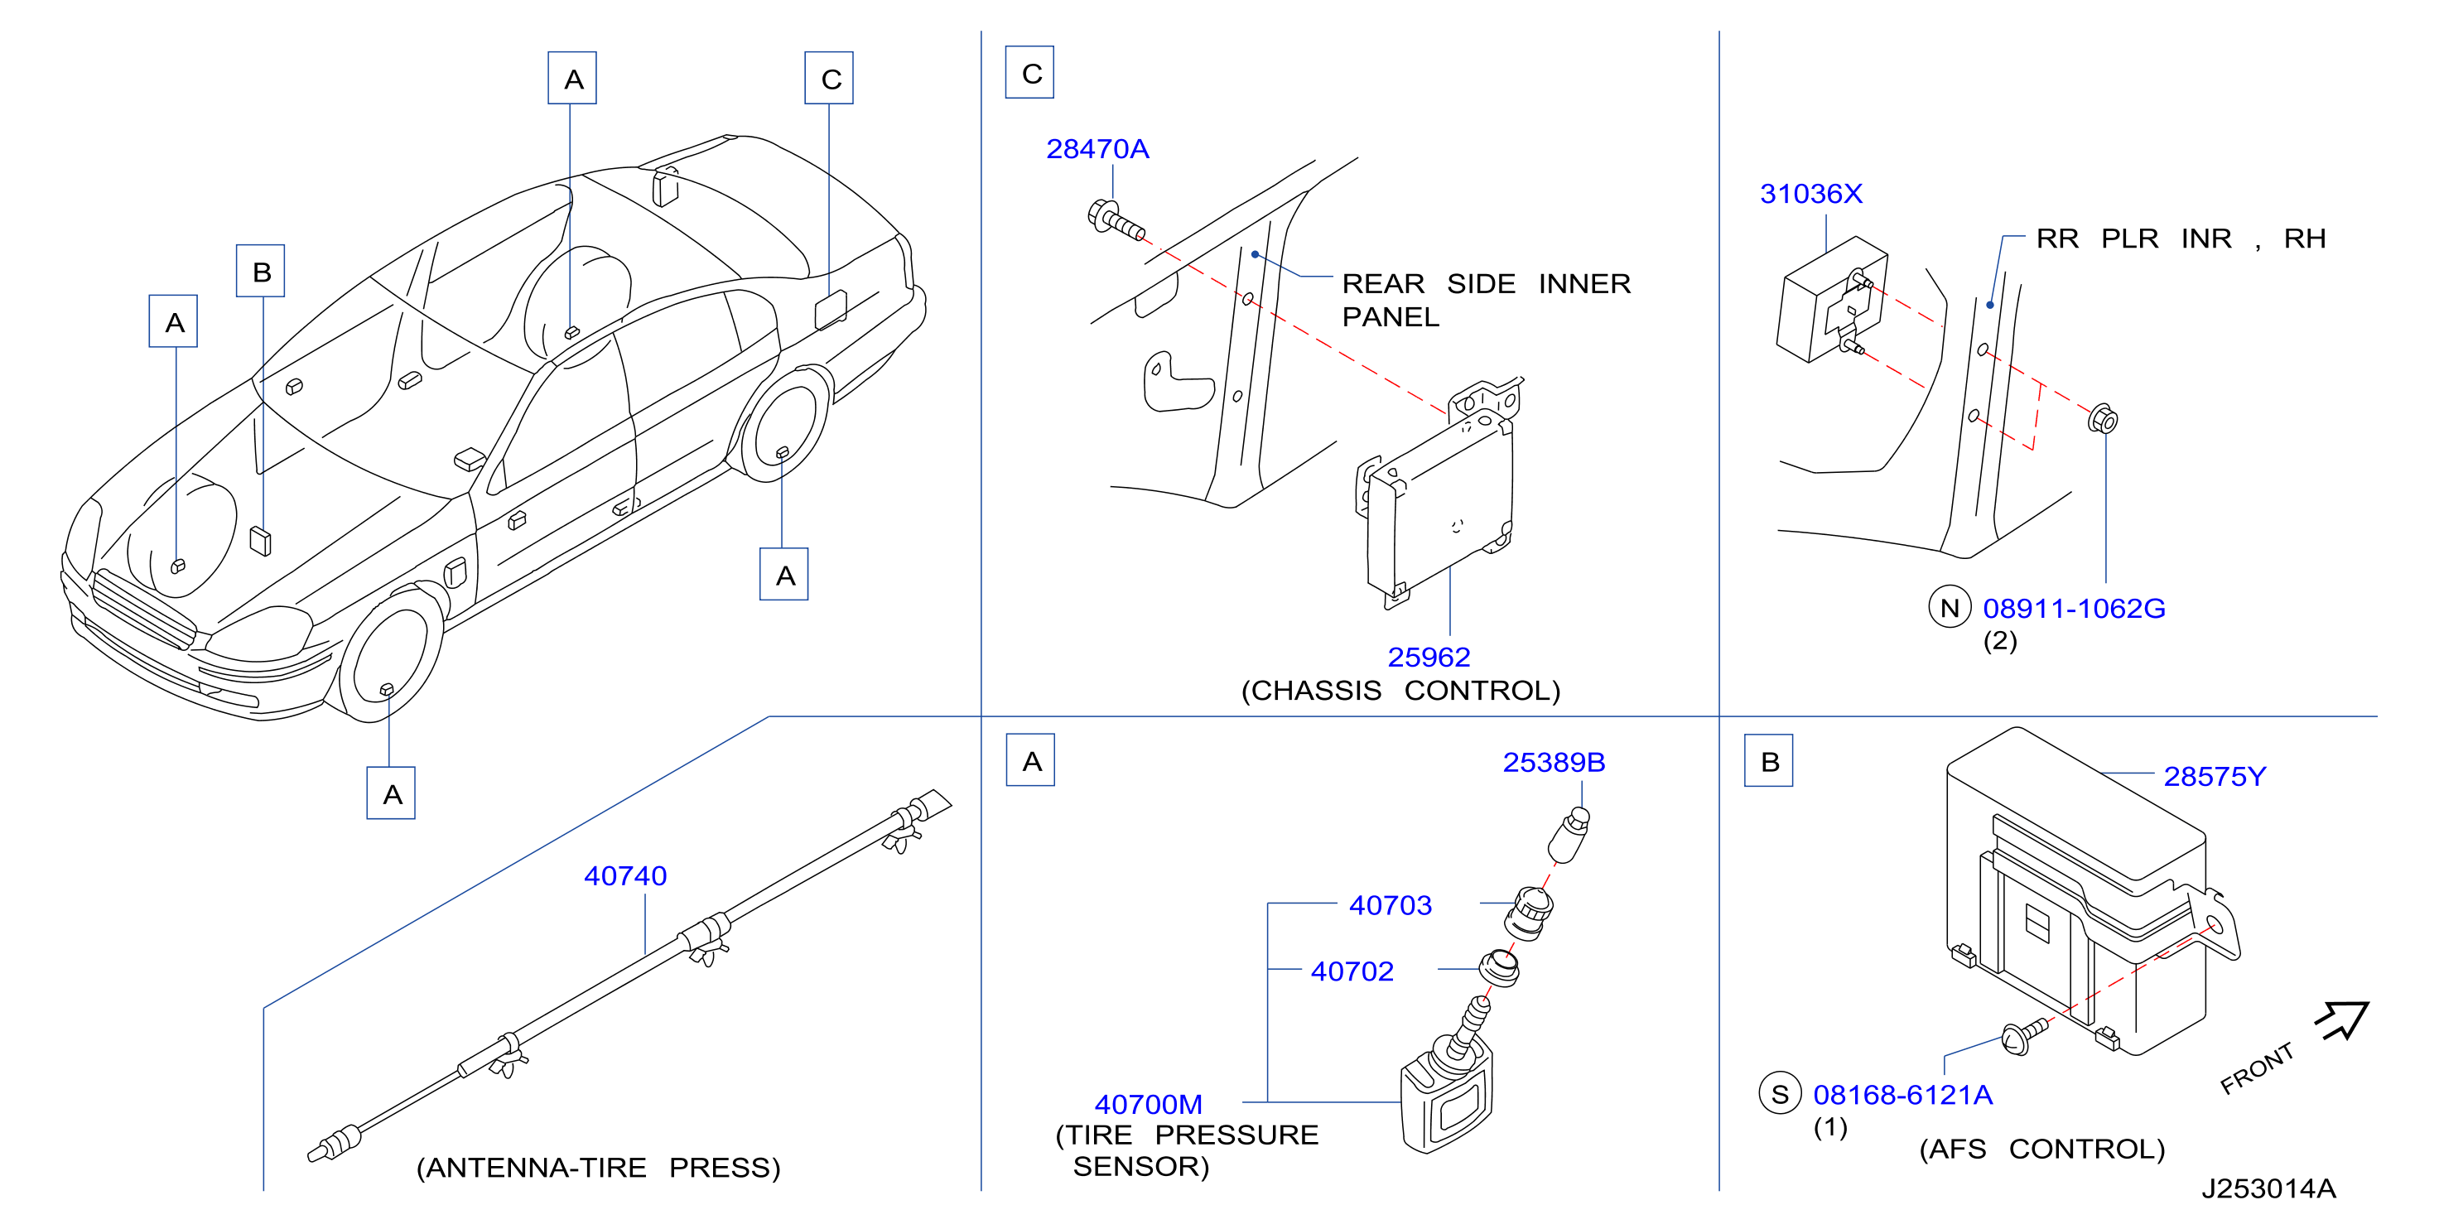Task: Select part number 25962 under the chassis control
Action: click(1428, 656)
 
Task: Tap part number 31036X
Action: click(1810, 193)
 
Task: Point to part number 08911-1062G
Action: click(2074, 608)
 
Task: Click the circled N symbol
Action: click(1949, 608)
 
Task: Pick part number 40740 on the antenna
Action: click(625, 876)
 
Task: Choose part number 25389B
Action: click(1554, 762)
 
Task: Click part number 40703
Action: click(1390, 905)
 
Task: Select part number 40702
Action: click(1352, 971)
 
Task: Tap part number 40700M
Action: click(1149, 1104)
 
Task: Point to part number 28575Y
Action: click(2215, 777)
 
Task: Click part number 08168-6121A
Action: click(1902, 1095)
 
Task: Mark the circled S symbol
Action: click(1779, 1095)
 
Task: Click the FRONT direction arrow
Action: click(2341, 1019)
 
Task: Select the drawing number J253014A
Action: click(2268, 1189)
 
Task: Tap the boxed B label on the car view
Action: click(262, 272)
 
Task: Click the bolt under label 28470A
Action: click(1116, 219)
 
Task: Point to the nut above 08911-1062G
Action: click(2102, 419)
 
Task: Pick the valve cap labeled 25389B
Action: click(1568, 834)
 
